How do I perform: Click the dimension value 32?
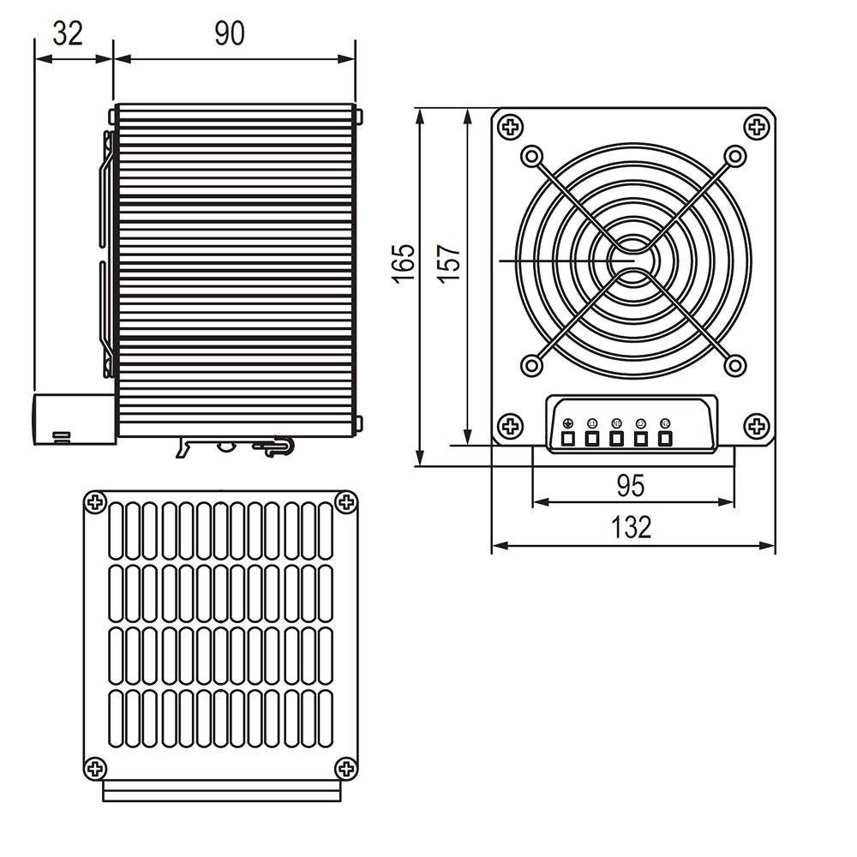68,33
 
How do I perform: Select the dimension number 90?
229,33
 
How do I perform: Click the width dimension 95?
631,486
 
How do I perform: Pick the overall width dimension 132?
632,527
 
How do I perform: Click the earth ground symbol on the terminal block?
566,423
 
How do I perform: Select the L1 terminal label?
591,423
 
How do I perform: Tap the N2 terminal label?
665,423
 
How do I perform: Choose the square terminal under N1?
616,440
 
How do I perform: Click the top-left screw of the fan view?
511,128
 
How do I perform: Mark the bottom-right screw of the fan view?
756,425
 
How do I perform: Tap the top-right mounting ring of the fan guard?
734,156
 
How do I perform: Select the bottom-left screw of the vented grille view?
96,767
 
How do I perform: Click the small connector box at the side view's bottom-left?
74,419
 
